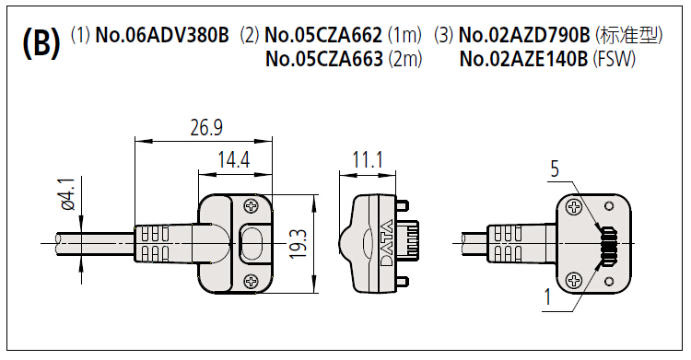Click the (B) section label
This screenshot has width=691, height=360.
41,44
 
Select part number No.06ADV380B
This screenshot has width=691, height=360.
162,35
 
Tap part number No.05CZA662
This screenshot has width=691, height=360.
323,35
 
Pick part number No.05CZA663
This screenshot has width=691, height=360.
324,59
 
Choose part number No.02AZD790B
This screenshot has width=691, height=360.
524,35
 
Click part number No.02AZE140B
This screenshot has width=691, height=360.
523,59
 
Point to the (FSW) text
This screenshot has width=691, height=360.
614,59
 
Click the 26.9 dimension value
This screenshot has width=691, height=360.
206,127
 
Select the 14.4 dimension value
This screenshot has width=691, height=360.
234,159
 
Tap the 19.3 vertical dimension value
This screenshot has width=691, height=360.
299,244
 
